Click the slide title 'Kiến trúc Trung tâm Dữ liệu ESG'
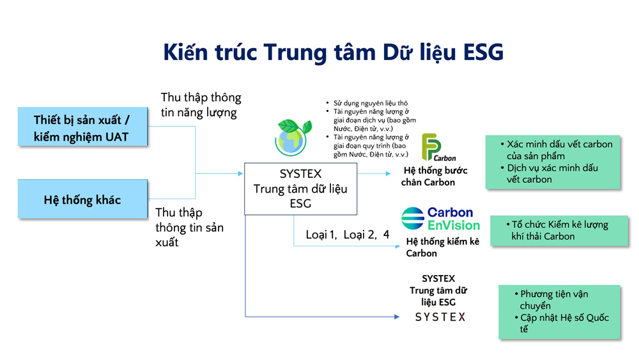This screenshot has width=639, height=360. pyautogui.click(x=333, y=52)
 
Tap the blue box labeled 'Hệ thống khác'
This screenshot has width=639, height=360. pyautogui.click(x=82, y=200)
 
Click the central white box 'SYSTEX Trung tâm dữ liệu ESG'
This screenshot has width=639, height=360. pyautogui.click(x=300, y=189)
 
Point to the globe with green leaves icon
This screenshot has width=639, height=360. pyautogui.click(x=291, y=137)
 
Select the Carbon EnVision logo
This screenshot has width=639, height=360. pyautogui.click(x=440, y=219)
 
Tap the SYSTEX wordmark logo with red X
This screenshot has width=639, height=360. pyautogui.click(x=440, y=317)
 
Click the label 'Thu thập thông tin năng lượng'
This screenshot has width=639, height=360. pyautogui.click(x=201, y=105)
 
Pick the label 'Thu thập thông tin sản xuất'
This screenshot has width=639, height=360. pyautogui.click(x=189, y=227)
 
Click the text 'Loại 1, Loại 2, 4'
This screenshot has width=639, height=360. pyautogui.click(x=347, y=235)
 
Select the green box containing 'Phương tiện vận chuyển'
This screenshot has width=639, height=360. pyautogui.click(x=560, y=312)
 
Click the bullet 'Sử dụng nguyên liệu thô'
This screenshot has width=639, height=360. pyautogui.click(x=370, y=103)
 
